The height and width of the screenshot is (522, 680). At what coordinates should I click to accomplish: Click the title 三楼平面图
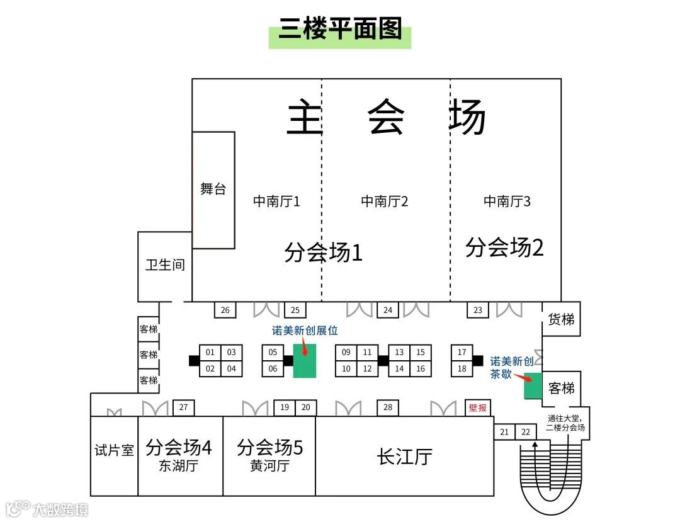[339, 30]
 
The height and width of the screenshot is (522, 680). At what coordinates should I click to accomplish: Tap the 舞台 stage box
[213, 190]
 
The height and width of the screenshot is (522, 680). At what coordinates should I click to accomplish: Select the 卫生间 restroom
[165, 265]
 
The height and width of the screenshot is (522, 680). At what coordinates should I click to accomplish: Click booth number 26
[225, 310]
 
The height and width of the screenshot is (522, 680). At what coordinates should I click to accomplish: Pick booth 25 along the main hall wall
[295, 310]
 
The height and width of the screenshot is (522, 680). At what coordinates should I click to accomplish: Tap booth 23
[478, 310]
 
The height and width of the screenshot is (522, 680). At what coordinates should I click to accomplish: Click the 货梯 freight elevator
[561, 319]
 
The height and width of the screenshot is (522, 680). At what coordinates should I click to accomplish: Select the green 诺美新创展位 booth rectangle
[304, 361]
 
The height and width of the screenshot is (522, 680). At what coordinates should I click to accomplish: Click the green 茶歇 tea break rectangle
[533, 386]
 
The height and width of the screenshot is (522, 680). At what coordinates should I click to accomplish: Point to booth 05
[273, 353]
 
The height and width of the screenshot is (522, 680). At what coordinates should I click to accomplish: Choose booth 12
[367, 369]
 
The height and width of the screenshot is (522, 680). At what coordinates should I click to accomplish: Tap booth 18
[462, 369]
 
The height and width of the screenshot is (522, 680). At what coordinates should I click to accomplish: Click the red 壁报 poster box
[478, 408]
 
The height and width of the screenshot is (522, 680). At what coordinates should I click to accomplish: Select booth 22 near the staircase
[526, 432]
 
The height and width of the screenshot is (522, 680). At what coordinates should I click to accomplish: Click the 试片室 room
[114, 451]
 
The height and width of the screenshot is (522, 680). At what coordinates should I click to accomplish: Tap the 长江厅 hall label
[404, 457]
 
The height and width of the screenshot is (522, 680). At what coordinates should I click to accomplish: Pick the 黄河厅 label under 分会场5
[269, 467]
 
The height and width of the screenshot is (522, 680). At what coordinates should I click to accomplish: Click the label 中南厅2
[385, 201]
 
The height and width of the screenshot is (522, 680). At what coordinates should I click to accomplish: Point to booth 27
[183, 408]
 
